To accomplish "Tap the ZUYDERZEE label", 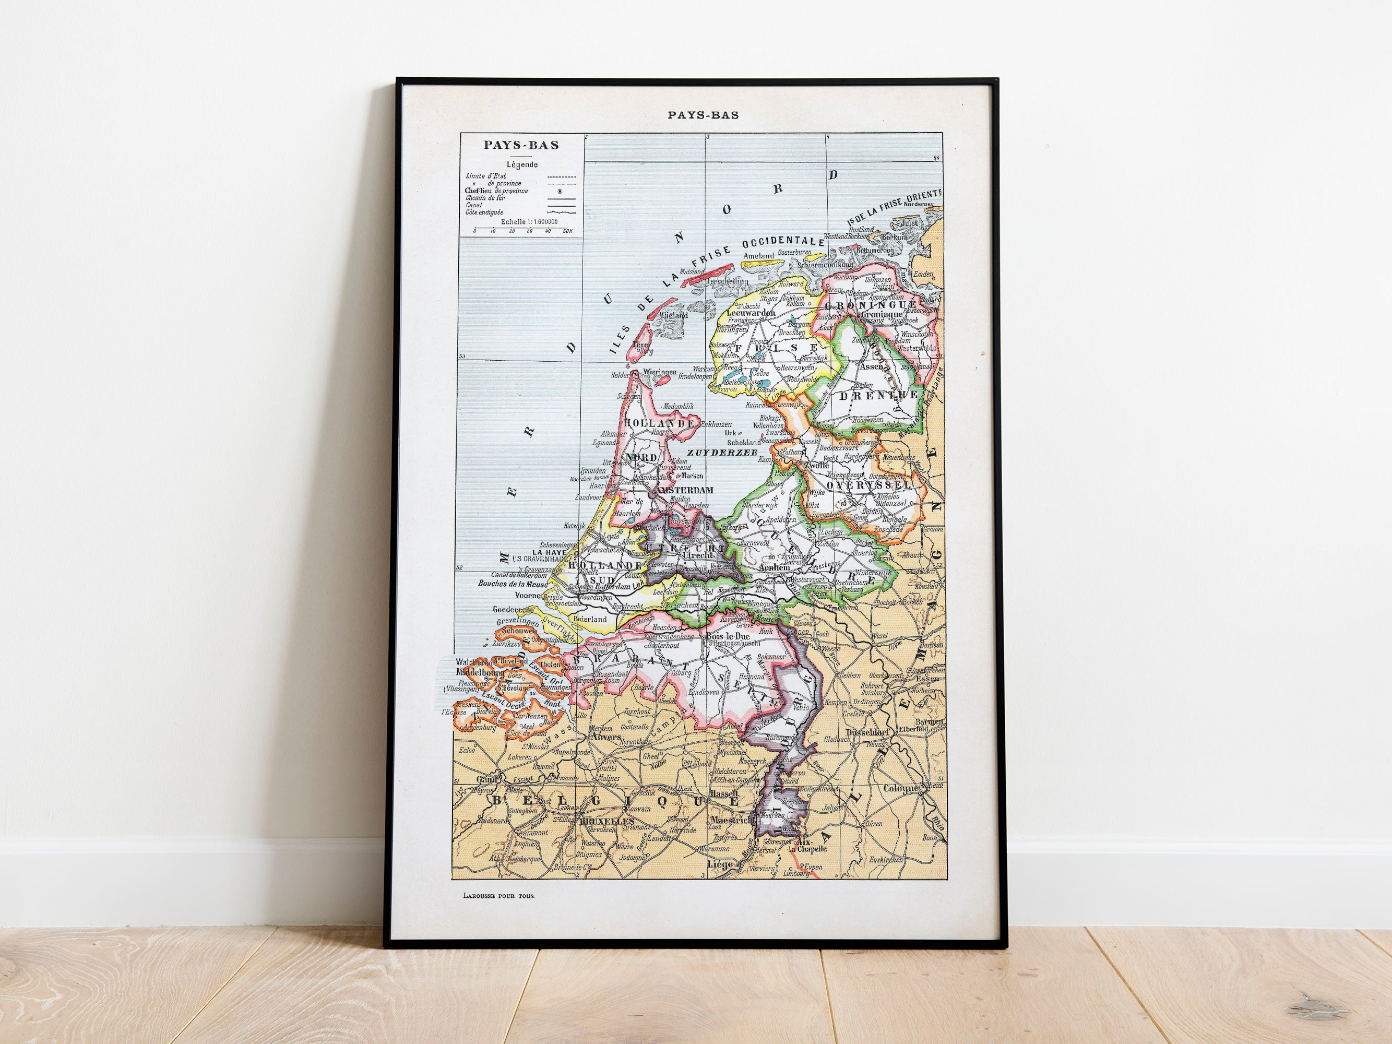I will pyautogui.click(x=722, y=452).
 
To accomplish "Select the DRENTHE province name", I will pyautogui.click(x=878, y=395).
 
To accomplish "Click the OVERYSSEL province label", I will pyautogui.click(x=868, y=485).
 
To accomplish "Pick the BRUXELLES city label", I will pyautogui.click(x=606, y=822).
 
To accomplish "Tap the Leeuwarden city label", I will pyautogui.click(x=751, y=312).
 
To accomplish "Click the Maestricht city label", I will pyautogui.click(x=732, y=820).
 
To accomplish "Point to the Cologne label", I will pyautogui.click(x=902, y=789).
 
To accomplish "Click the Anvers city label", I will pyautogui.click(x=606, y=736).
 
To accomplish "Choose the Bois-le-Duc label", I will pyautogui.click(x=728, y=636).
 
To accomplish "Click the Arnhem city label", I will pyautogui.click(x=774, y=567).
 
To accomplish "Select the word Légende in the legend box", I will pyautogui.click(x=522, y=165).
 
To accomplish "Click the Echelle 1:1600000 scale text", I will pyautogui.click(x=529, y=221).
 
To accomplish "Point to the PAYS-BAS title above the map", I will pyautogui.click(x=703, y=115).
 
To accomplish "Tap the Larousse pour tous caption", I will pyautogui.click(x=498, y=895).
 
